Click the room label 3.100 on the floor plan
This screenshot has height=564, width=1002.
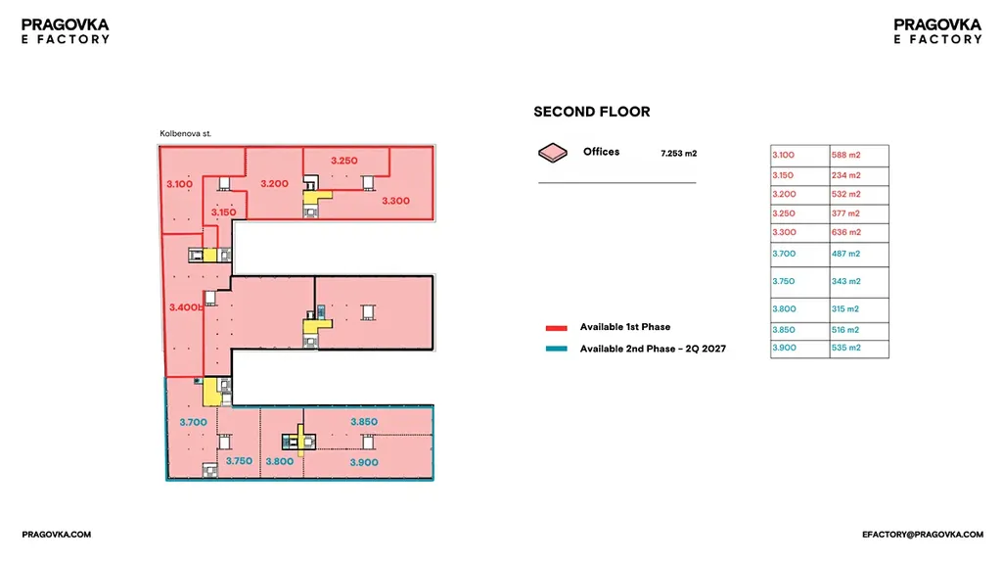coord(179,183)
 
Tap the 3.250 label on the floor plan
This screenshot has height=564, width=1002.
coord(343,160)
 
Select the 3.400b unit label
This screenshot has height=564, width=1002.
coord(185,307)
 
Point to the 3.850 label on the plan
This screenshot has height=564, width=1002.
coord(364,422)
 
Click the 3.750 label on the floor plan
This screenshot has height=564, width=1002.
coord(239,461)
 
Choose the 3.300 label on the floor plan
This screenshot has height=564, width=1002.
coord(395,201)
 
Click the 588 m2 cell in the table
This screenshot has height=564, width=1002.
coord(847,156)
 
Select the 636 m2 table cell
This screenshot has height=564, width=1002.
coord(847,233)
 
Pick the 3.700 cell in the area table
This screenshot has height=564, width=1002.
coord(784,255)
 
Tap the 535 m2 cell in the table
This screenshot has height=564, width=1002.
coord(847,348)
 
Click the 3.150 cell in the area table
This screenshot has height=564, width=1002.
coord(784,175)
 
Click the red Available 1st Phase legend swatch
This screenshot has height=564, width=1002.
coord(557,328)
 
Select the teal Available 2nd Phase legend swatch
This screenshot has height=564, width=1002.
coord(557,350)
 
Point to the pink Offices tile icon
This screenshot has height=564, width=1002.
coord(553,153)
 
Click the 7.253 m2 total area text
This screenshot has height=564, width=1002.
coord(679,154)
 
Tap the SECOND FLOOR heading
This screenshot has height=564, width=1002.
coord(591,113)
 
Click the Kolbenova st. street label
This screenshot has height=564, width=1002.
coord(185,133)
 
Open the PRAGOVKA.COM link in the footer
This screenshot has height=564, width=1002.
coord(57,535)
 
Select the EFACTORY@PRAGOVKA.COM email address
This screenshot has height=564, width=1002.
coord(922,535)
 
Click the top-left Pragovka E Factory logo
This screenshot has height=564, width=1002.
coord(66,31)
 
